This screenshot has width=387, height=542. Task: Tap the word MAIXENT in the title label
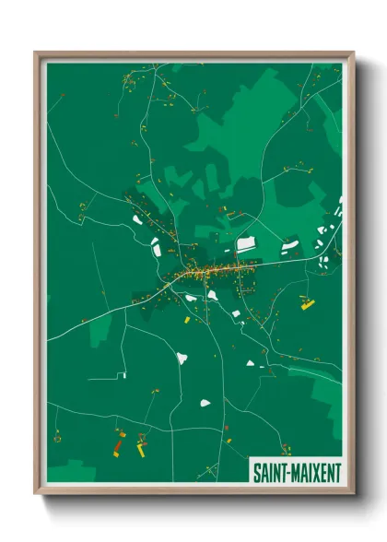click(x=316, y=472)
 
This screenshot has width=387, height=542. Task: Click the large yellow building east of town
click(x=308, y=303)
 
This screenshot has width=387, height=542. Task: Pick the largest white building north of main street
click(x=246, y=245)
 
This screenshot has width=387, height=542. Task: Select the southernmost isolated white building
click(x=205, y=403)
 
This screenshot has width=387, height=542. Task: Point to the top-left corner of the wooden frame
click(x=36, y=53)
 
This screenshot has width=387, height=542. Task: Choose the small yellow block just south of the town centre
click(x=186, y=320)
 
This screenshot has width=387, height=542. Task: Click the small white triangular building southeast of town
click(x=236, y=313)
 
